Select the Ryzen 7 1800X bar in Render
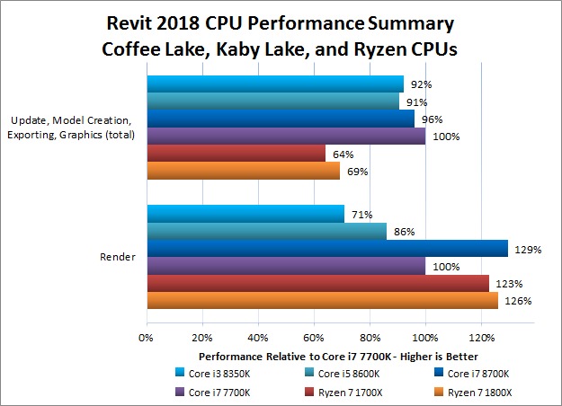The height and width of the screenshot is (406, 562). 322,300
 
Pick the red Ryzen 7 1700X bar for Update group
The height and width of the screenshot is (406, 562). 236,154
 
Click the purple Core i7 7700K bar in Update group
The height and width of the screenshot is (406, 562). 285,137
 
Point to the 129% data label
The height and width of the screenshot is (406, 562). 530,249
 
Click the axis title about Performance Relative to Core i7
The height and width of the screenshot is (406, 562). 325,355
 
